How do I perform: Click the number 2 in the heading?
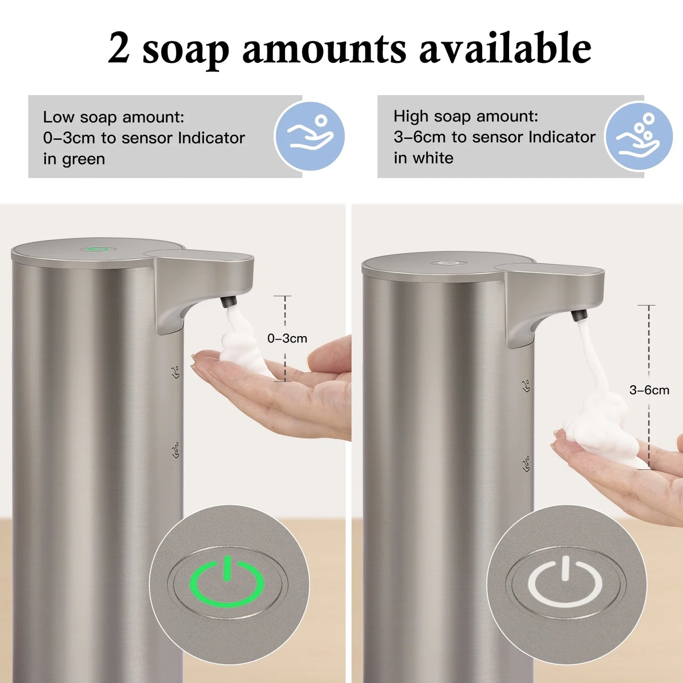pos(119,48)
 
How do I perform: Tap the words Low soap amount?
pos(113,117)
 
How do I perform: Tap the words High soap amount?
pos(466,116)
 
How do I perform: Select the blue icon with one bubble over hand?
pos(310,136)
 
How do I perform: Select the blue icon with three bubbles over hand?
pos(639,136)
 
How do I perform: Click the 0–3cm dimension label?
pos(287,338)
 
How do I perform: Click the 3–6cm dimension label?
pos(649,390)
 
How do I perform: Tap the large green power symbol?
pos(227,582)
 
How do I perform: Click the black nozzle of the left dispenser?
pos(228,301)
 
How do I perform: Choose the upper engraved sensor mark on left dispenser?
pos(175,372)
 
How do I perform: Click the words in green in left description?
pos(74,159)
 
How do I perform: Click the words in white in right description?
pos(424,158)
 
